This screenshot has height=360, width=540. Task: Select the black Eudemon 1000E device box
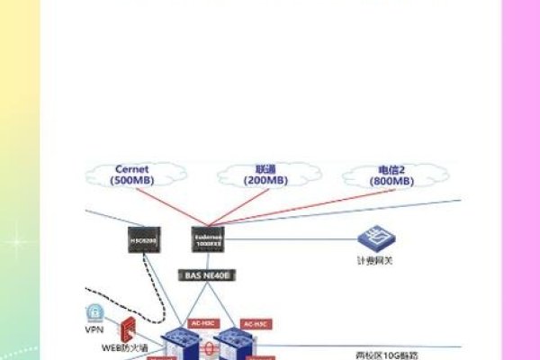[208, 238]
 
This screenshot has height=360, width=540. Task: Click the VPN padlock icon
[94, 313]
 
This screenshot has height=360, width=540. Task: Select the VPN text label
[94, 329]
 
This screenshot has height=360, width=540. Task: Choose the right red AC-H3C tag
[254, 322]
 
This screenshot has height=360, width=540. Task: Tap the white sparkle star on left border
[15, 243]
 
